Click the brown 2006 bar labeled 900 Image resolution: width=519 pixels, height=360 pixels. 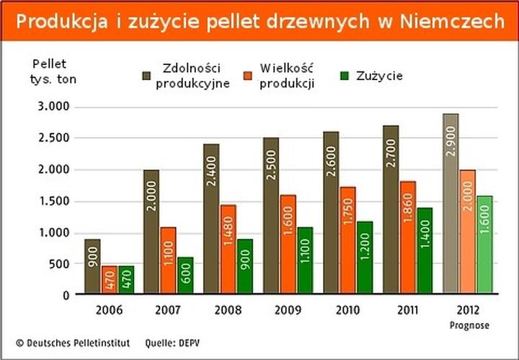pos(92,267)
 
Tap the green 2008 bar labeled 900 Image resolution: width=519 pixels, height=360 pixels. pos(244,267)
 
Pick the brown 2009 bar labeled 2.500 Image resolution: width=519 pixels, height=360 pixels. pos(271,216)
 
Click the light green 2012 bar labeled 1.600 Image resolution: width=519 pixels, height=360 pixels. pos(484,245)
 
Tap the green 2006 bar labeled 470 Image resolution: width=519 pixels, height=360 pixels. pos(125,280)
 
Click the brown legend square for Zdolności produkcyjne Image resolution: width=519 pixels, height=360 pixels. pos(147,75)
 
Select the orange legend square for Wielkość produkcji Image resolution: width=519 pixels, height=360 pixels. pos(247,75)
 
